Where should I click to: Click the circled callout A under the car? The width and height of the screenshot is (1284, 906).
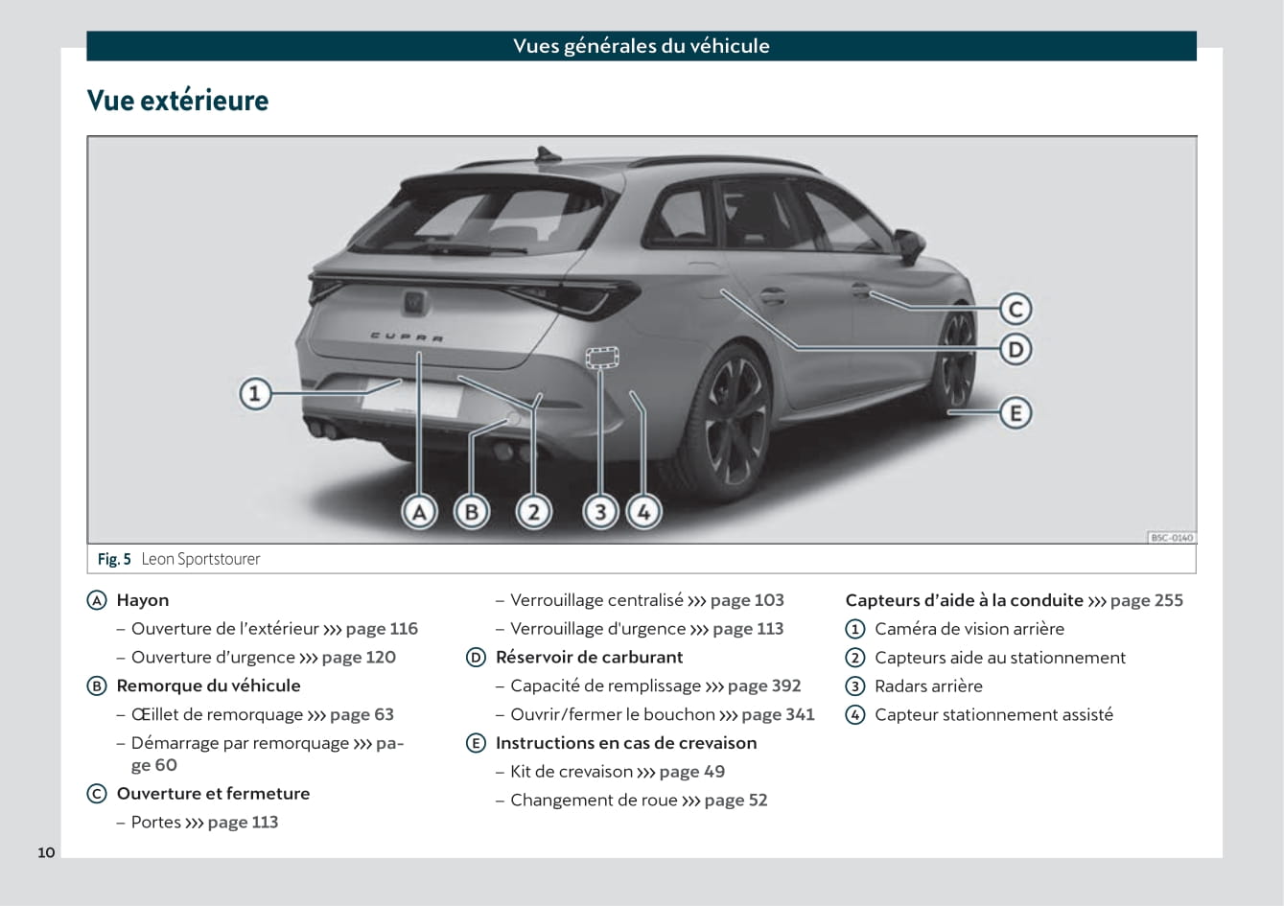[x=419, y=512]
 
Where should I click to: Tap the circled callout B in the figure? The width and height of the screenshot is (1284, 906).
[x=471, y=512]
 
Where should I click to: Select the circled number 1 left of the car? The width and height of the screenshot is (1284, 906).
[x=255, y=393]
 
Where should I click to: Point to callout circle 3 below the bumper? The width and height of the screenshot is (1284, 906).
[x=600, y=512]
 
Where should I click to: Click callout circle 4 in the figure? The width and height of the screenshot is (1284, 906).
[x=643, y=512]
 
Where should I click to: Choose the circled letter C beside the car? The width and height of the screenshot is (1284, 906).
[x=1016, y=309]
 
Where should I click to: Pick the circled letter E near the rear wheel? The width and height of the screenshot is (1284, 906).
[x=1016, y=413]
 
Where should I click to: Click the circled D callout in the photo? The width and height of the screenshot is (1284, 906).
[x=1016, y=349]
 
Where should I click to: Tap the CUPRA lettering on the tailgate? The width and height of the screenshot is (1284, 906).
[x=407, y=337]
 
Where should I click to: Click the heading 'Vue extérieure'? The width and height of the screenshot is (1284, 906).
[x=177, y=101]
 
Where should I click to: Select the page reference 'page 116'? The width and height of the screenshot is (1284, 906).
[x=382, y=629]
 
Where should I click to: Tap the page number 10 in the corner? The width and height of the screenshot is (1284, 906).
[x=46, y=852]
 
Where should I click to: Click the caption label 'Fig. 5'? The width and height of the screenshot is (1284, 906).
[x=114, y=559]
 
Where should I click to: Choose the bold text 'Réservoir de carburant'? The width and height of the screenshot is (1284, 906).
[x=589, y=658]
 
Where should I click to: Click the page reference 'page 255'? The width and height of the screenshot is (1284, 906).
[x=1147, y=600]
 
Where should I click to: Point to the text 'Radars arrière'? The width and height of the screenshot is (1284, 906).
[x=928, y=686]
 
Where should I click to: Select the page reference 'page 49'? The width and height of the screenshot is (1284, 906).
[x=692, y=772]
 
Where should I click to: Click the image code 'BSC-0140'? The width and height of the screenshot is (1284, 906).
[x=1171, y=538]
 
